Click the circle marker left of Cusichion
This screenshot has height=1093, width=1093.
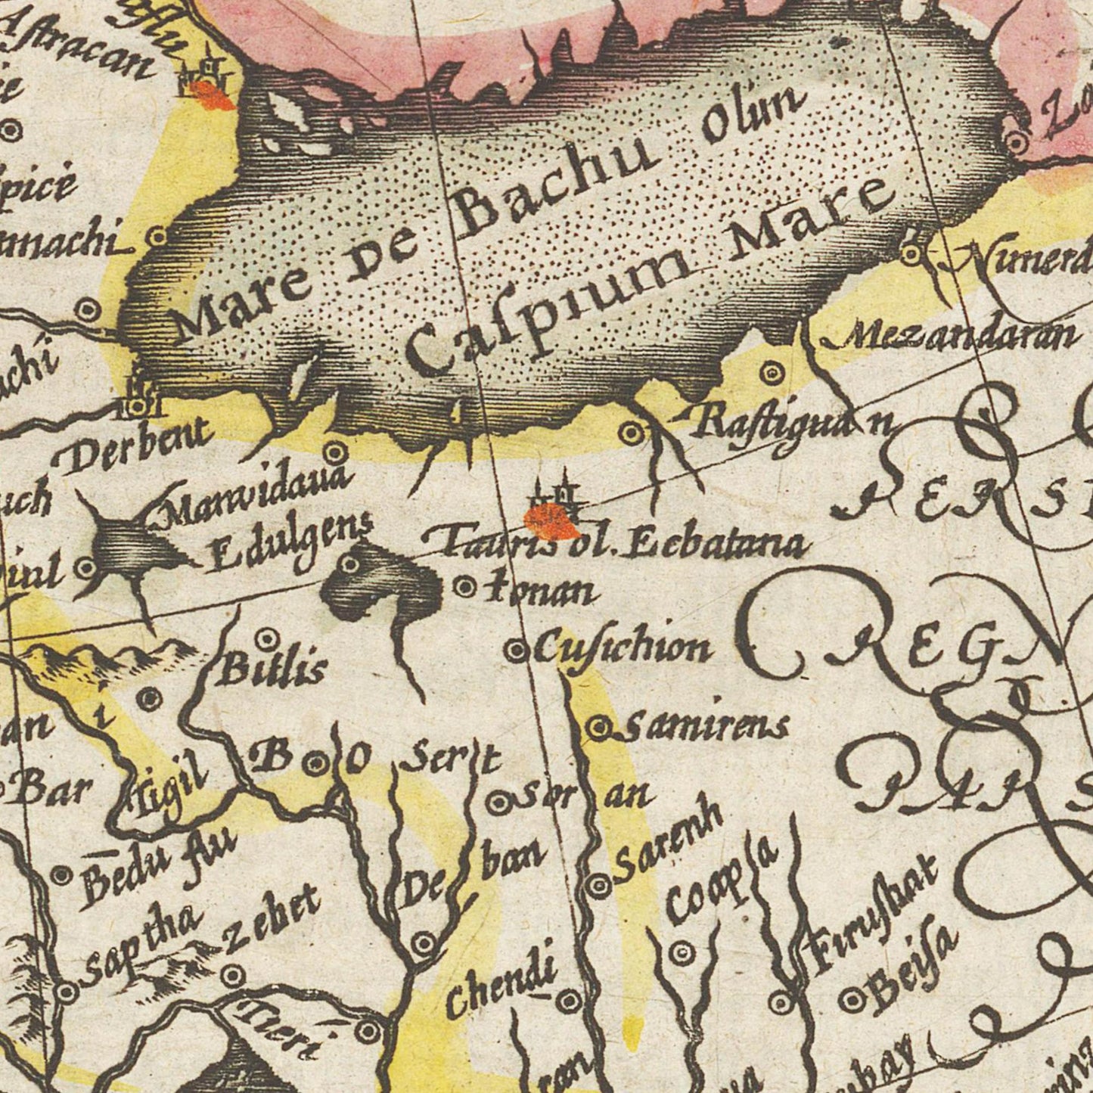tap(516, 650)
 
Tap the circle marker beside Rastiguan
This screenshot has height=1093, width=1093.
tap(632, 433)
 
